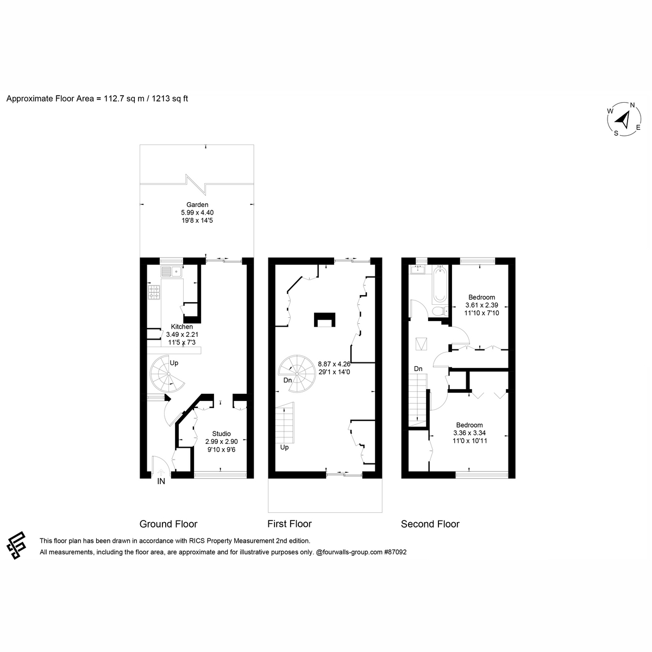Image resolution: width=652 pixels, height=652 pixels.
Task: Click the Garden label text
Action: point(197,205)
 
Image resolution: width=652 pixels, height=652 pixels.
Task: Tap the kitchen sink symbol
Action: point(171,271)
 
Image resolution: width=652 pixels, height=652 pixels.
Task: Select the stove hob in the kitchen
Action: point(154,292)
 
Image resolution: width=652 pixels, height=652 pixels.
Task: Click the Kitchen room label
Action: point(181,327)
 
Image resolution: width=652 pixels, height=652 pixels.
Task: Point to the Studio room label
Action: point(221,434)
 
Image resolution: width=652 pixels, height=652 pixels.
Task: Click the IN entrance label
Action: point(161,481)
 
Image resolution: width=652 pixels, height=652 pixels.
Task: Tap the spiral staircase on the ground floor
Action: point(167,373)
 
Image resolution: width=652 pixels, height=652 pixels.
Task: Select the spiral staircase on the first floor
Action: point(297,373)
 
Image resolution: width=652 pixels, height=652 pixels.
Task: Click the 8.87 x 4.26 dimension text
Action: point(334,364)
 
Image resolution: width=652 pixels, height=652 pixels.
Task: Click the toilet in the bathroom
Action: point(441,311)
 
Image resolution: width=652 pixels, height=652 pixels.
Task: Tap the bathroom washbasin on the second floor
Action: point(418,269)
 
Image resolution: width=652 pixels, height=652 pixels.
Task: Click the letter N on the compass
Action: point(632,105)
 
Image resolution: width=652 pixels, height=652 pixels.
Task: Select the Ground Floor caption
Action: point(168,524)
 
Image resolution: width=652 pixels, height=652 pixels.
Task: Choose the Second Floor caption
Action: point(430,524)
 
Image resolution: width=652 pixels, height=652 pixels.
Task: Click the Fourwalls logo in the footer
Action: point(16,545)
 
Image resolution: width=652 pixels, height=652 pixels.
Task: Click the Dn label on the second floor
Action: point(418,369)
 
